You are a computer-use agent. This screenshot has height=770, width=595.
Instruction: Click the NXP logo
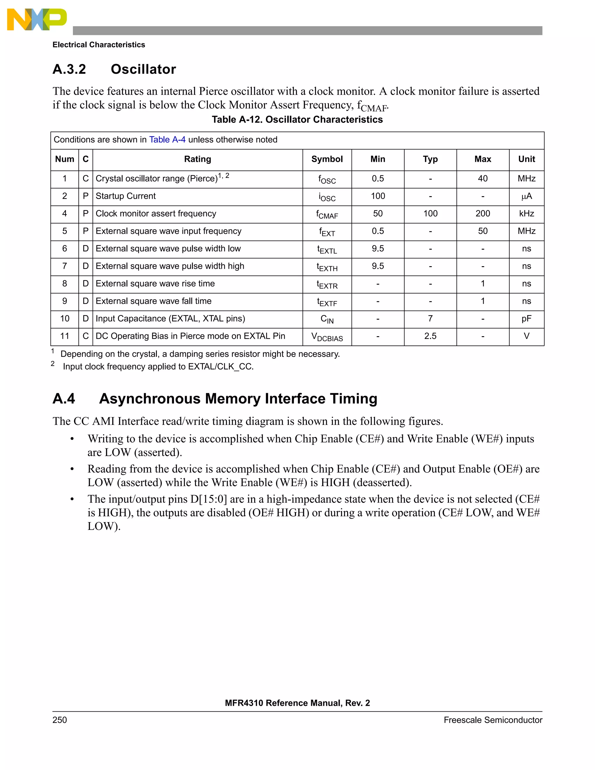coord(37,19)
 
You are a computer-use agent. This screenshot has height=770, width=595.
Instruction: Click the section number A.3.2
coord(69,69)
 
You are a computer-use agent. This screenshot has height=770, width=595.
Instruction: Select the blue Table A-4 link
coord(167,139)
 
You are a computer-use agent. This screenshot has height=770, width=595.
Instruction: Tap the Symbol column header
coord(327,159)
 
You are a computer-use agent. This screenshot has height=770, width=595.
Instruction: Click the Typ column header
coord(430,159)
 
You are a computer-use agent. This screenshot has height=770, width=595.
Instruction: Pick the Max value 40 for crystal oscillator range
coord(483,178)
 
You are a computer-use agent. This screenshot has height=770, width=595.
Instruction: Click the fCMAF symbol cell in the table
coord(327,214)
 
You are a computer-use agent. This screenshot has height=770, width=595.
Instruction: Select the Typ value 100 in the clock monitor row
coord(430,213)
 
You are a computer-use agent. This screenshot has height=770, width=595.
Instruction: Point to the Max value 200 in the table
coord(483,213)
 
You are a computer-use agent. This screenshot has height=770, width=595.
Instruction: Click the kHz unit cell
coord(526,213)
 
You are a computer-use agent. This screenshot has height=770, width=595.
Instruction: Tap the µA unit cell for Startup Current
coord(526,196)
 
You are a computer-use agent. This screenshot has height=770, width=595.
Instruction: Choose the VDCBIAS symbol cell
coord(327,337)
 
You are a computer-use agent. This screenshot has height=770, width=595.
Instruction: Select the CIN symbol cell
coord(327,319)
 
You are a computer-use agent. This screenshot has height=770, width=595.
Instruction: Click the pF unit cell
coord(526,319)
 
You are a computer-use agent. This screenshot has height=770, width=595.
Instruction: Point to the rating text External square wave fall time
coord(153,301)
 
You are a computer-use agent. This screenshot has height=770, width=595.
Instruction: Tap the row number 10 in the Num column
coord(64,319)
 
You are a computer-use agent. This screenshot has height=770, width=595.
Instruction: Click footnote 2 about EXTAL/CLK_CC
coord(158,367)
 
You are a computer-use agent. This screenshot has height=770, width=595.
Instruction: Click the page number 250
coord(60,720)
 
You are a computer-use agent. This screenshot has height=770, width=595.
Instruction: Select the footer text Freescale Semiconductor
coord(492,720)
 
